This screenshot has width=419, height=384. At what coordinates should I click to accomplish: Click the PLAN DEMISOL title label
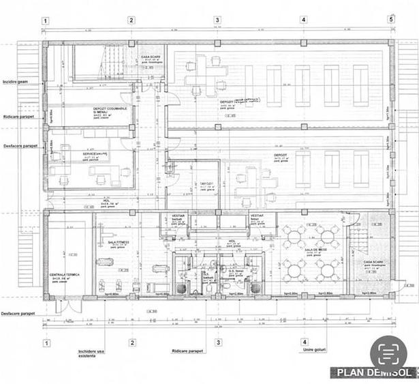pos(374,373)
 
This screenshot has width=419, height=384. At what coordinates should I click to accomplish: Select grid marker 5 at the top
pos(391,20)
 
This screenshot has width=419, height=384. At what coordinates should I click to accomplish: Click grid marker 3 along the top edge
pos(217,20)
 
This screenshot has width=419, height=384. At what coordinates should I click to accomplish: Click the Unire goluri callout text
pos(305,351)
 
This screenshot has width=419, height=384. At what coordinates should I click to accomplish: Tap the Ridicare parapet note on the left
pos(18,117)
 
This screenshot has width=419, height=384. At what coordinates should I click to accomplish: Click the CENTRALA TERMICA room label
pos(66,276)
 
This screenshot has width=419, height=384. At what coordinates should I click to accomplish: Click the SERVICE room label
pos(95,154)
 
